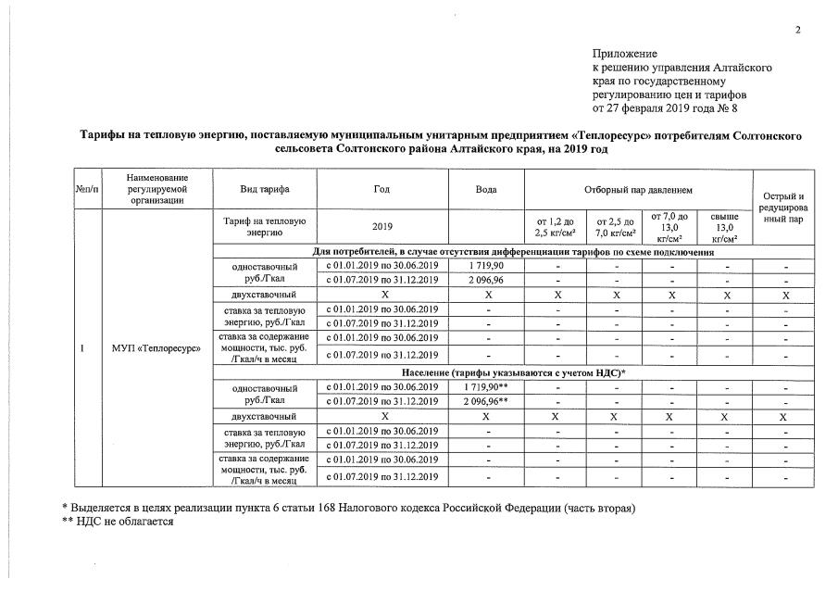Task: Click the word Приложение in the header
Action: tap(624, 54)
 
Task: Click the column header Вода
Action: tap(486, 189)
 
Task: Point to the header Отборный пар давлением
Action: tap(639, 189)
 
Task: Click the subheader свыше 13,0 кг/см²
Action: tap(724, 227)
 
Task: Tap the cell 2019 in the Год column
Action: tap(381, 227)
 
